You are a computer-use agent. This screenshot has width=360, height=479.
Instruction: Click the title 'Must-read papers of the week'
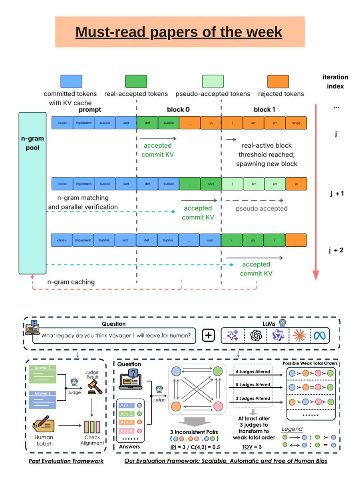(179, 32)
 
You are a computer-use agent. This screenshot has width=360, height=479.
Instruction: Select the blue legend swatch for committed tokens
(71, 81)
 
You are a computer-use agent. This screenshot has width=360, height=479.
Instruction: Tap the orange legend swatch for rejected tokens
(278, 81)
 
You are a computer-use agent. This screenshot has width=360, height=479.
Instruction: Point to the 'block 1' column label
(265, 109)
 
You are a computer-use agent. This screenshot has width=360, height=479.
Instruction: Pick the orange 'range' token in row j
(296, 123)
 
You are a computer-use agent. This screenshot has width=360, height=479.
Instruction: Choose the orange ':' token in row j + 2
(296, 240)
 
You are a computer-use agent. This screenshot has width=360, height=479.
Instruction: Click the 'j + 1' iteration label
(336, 194)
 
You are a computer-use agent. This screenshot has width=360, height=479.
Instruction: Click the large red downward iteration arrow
(316, 192)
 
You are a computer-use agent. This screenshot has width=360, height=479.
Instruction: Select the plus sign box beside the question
(208, 336)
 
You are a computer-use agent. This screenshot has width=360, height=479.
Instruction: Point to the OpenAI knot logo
(255, 336)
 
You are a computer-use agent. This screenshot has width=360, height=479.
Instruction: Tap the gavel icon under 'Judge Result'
(94, 387)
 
